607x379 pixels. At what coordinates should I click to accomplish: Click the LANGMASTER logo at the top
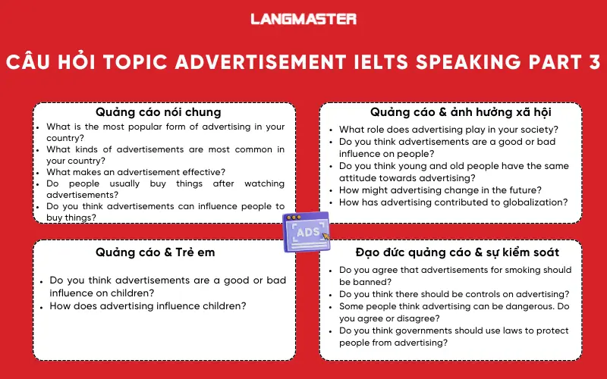pos(303,18)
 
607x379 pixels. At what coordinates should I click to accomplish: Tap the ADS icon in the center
pos(306,231)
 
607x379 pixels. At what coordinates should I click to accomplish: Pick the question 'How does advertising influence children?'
pos(148,306)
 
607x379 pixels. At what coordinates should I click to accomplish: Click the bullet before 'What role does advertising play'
pos(331,130)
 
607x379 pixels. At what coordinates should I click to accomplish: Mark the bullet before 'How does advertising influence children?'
pos(41,306)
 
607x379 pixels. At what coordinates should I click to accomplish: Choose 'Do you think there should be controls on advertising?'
pos(454,294)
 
